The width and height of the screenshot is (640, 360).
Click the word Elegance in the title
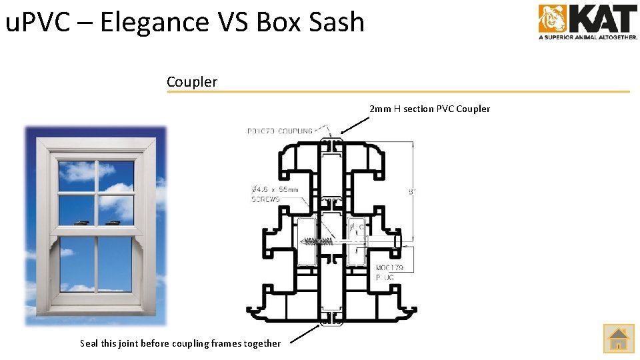click(x=154, y=22)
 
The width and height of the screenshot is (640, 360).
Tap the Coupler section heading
click(x=192, y=82)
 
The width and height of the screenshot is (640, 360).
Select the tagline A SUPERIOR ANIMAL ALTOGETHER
click(x=587, y=37)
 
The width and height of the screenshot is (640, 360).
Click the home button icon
click(x=619, y=338)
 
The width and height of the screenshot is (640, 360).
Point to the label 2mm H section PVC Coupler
click(x=429, y=109)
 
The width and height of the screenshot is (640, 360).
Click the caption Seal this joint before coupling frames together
click(x=180, y=343)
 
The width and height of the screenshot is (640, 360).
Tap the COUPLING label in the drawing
click(x=295, y=131)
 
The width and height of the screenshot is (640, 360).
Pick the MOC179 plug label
click(x=389, y=268)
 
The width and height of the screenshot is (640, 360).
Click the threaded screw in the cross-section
click(x=319, y=240)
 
